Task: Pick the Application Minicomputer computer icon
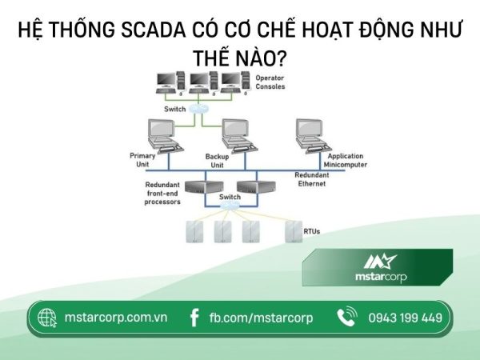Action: coord(313,134)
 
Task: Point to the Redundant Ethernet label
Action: coord(311,179)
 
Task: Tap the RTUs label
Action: coord(312,231)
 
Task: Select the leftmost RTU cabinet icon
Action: coord(195,231)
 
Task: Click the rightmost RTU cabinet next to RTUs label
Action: coord(291,231)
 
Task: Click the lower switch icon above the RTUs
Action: coord(229,206)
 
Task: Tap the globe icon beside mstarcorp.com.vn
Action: coord(47,318)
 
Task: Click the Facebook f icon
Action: coord(194,318)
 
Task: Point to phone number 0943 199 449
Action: coord(405,318)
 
